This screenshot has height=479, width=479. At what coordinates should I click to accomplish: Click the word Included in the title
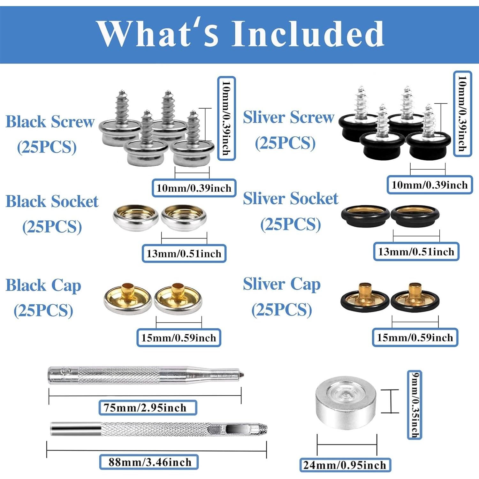308,34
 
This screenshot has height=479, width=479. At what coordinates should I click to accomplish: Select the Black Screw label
50,122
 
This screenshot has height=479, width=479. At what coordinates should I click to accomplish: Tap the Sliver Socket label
290,199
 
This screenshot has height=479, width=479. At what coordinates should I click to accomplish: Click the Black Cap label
43,285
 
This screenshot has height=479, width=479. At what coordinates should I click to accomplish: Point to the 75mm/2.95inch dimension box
148,408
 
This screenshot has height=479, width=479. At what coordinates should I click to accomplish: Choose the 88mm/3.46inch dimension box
149,462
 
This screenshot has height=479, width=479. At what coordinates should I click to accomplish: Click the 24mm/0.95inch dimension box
345,465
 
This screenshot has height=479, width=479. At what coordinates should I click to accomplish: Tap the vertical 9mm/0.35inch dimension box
414,405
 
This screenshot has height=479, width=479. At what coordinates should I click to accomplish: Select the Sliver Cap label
282,284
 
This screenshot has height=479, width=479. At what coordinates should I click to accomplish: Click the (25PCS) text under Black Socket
52,227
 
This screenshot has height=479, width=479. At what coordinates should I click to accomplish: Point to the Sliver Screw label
288,117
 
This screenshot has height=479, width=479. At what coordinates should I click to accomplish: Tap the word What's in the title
158,34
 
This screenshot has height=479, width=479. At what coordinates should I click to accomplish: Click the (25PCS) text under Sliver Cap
282,310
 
